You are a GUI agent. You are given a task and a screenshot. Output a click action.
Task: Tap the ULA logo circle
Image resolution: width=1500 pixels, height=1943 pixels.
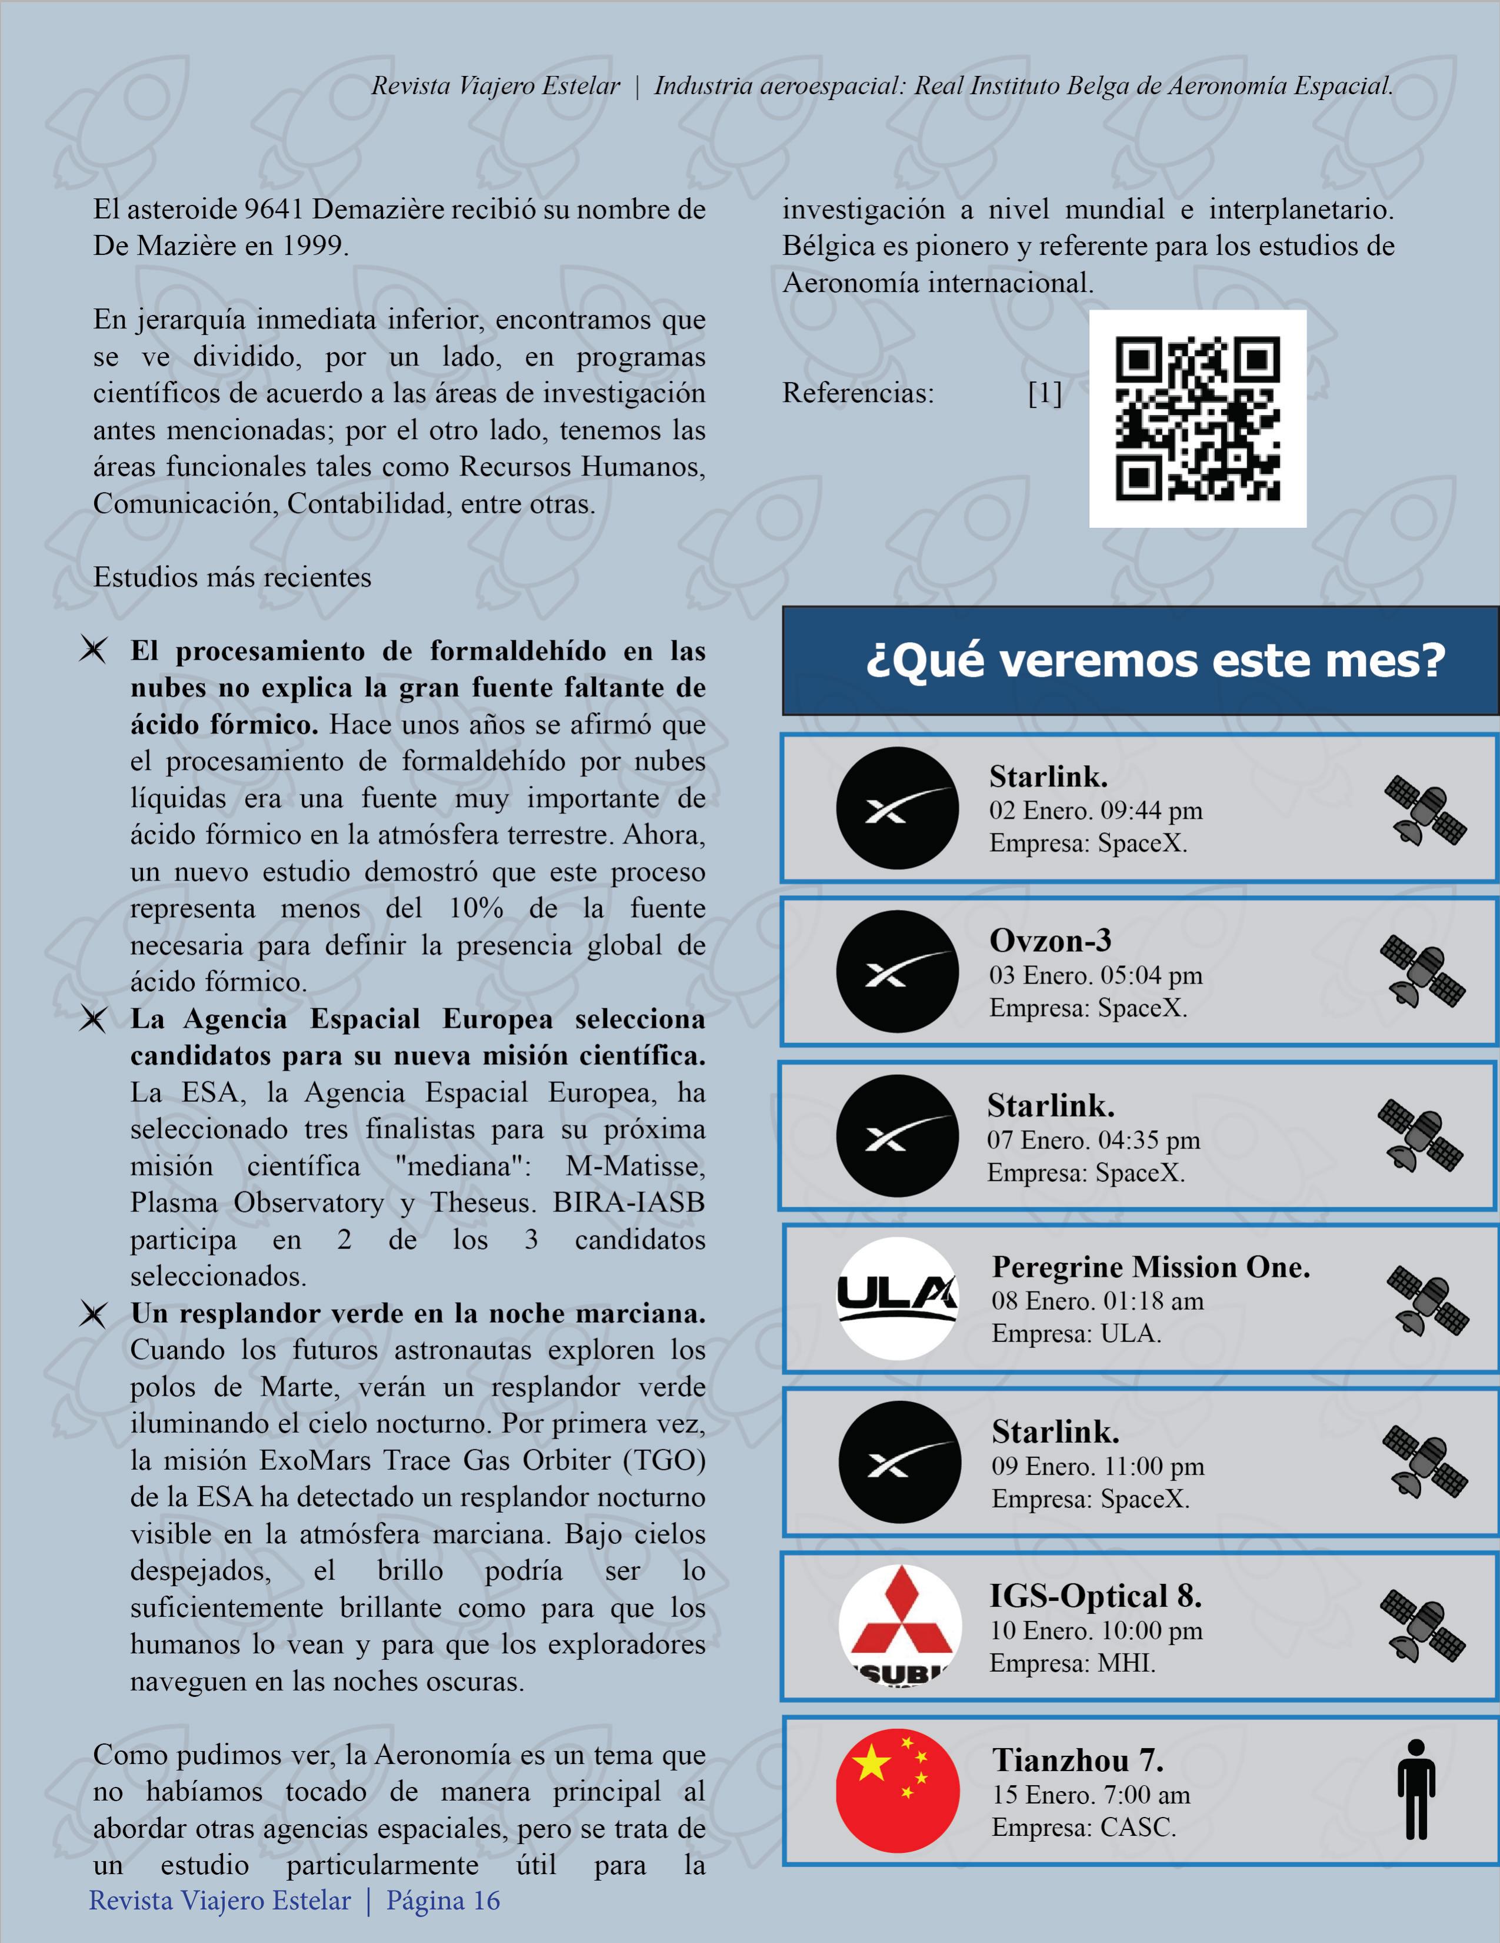click(898, 1298)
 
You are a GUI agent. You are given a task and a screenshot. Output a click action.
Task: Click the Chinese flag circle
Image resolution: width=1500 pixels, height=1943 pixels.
click(898, 1790)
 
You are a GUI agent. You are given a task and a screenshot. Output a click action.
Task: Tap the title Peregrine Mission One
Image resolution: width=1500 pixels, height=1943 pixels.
click(1151, 1267)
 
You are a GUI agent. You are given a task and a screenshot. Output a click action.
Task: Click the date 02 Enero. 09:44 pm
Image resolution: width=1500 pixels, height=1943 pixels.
click(1095, 811)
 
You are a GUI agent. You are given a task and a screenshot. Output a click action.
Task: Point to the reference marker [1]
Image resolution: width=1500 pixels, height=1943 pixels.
click(1044, 393)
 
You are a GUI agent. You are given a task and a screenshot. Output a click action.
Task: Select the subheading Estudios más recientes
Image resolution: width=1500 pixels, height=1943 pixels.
click(232, 577)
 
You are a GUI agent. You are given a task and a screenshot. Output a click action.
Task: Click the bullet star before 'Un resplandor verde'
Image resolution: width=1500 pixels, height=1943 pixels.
click(92, 1314)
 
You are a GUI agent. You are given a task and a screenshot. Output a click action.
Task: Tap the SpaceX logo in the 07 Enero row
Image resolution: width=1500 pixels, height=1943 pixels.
click(896, 1135)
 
